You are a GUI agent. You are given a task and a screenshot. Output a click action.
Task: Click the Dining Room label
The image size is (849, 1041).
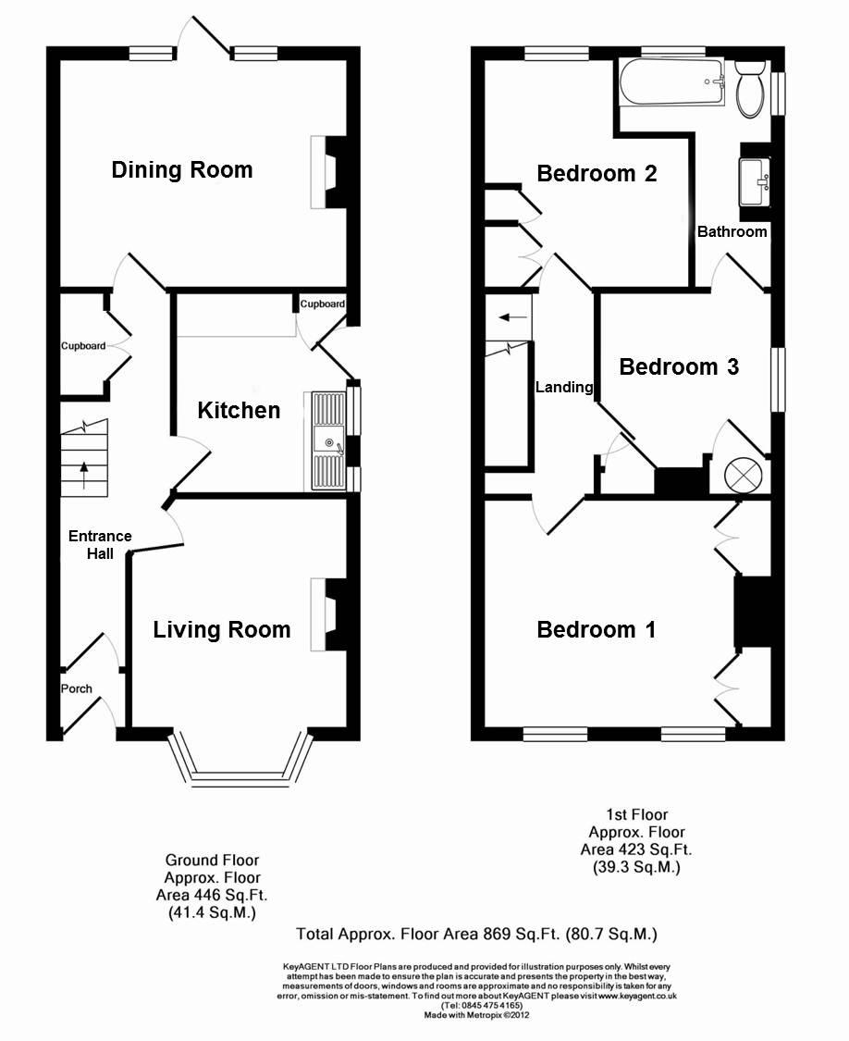182,170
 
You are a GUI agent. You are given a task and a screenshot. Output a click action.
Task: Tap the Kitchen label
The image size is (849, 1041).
239,410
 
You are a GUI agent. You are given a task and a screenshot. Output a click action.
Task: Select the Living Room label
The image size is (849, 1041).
222,629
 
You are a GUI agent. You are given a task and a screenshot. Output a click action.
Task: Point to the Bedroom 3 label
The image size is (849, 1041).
679,366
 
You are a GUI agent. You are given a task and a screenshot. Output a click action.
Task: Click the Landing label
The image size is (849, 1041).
564,387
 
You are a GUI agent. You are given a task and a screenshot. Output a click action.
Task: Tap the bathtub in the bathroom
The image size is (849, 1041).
672,82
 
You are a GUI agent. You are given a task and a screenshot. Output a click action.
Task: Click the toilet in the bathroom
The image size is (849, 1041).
751,88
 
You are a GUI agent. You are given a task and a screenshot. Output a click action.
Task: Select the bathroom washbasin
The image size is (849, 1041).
755,181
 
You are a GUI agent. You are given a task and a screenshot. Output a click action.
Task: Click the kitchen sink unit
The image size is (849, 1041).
328,440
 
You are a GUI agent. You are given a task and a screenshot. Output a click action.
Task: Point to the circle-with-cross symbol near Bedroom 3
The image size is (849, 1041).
741,474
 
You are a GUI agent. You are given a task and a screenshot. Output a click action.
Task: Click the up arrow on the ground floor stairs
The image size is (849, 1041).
83,476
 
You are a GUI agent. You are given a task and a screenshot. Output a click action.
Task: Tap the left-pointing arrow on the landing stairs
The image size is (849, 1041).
512,317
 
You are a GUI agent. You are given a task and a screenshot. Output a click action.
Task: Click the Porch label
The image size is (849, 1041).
77,688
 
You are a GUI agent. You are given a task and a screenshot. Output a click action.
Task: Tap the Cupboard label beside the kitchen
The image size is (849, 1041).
323,304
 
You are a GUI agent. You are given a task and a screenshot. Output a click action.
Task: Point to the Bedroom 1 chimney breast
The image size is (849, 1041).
752,612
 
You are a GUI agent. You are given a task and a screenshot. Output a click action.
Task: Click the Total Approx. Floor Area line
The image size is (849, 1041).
476,935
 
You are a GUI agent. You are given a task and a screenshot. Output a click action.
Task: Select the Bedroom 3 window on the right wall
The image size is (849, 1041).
778,379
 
